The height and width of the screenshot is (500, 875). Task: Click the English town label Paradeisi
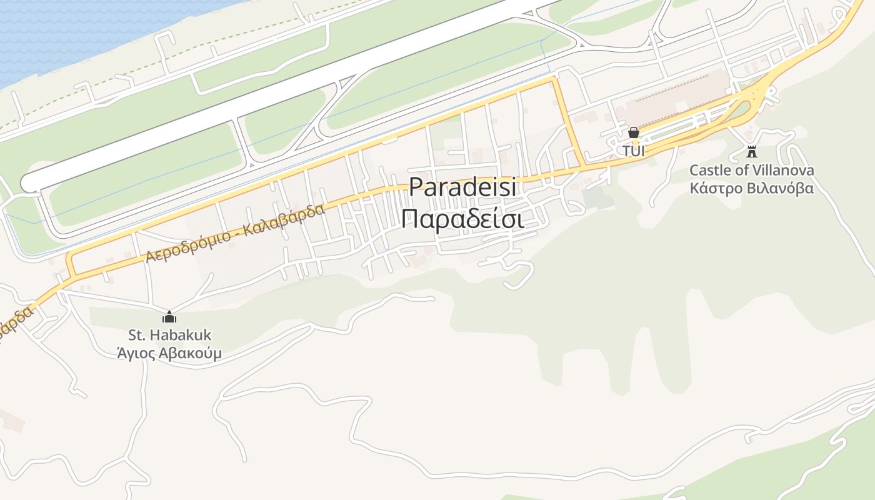point(462,187)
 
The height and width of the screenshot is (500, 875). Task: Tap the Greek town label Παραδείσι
point(462,219)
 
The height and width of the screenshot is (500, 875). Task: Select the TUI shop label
point(633,151)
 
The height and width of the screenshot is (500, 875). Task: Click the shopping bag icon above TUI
point(633,132)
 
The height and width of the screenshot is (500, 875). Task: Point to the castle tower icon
point(752,151)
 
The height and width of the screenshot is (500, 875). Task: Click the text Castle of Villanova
point(752,170)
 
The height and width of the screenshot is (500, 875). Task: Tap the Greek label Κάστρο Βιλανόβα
point(752,188)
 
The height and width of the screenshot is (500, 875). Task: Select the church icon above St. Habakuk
point(169,317)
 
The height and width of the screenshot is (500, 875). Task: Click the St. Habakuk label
point(169,335)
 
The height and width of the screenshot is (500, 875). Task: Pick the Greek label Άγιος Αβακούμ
point(169,354)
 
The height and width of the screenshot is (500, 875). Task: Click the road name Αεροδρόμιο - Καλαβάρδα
point(236,232)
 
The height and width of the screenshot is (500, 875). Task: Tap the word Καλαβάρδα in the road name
point(285,219)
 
